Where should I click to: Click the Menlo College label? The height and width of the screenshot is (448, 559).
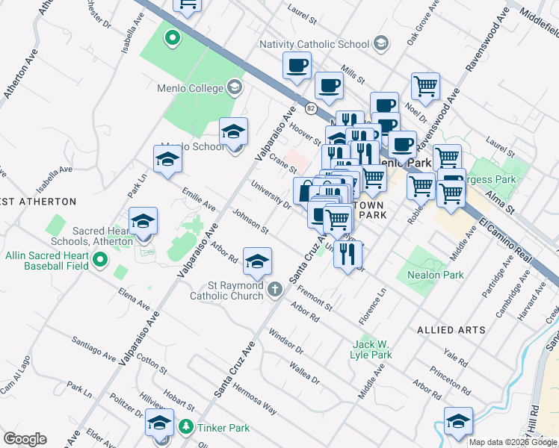click(x=190, y=88)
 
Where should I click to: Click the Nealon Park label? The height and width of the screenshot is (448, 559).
click(x=436, y=275)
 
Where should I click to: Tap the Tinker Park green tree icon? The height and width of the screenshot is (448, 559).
click(x=186, y=428)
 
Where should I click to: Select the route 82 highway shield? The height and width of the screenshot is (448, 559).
click(x=309, y=108)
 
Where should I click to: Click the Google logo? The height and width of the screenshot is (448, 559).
click(x=25, y=439)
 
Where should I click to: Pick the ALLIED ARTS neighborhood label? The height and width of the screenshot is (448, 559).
click(x=451, y=329)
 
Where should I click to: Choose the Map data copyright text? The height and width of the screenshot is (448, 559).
click(x=513, y=442)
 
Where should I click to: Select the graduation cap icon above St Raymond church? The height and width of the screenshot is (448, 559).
click(x=257, y=261)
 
